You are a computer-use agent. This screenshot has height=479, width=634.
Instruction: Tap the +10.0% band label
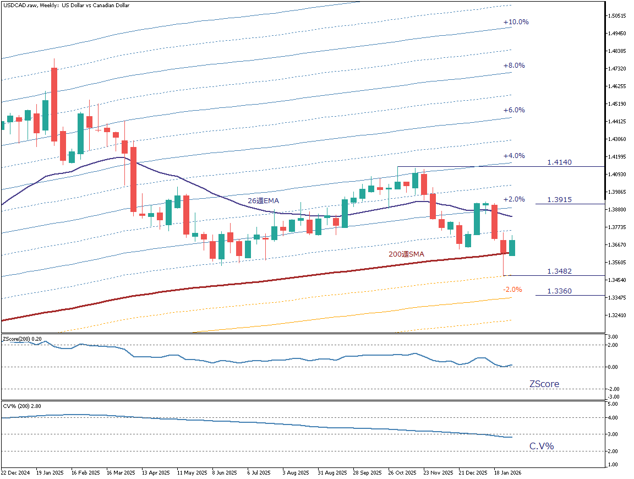516,22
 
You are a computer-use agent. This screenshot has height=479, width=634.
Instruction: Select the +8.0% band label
514,66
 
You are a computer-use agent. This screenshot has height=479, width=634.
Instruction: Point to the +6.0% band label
514,110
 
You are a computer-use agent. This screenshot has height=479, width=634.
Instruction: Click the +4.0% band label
514,156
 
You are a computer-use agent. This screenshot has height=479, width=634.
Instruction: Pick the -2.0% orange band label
512,290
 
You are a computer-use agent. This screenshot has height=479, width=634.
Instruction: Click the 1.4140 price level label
559,162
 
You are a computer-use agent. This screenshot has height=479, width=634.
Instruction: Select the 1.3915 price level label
559,200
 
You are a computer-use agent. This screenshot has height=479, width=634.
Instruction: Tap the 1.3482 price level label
559,271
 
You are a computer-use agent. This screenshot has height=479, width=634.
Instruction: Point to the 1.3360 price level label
559,291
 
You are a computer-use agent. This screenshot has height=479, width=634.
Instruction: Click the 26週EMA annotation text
263,201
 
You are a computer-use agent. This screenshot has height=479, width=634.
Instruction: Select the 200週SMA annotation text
406,254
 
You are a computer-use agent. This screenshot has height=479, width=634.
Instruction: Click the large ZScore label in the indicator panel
544,384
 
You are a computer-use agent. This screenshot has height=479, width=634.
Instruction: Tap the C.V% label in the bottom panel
542,446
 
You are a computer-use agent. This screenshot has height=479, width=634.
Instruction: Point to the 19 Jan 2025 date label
50,472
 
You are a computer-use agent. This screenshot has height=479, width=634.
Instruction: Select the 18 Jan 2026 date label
507,472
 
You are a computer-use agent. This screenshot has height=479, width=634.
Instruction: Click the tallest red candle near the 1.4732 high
54,105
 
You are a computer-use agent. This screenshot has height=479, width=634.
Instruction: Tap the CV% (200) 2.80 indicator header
22,406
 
